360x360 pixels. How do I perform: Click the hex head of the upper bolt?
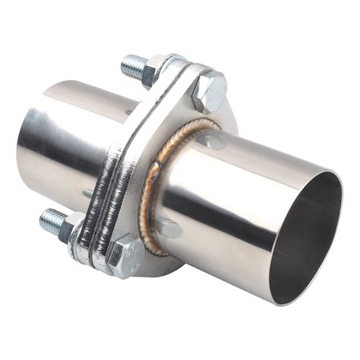[x=209, y=90]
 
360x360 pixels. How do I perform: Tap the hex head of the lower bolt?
[x=123, y=255]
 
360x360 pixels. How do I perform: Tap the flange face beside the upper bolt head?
[x=186, y=114]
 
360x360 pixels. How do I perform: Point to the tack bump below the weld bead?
[x=169, y=228]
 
